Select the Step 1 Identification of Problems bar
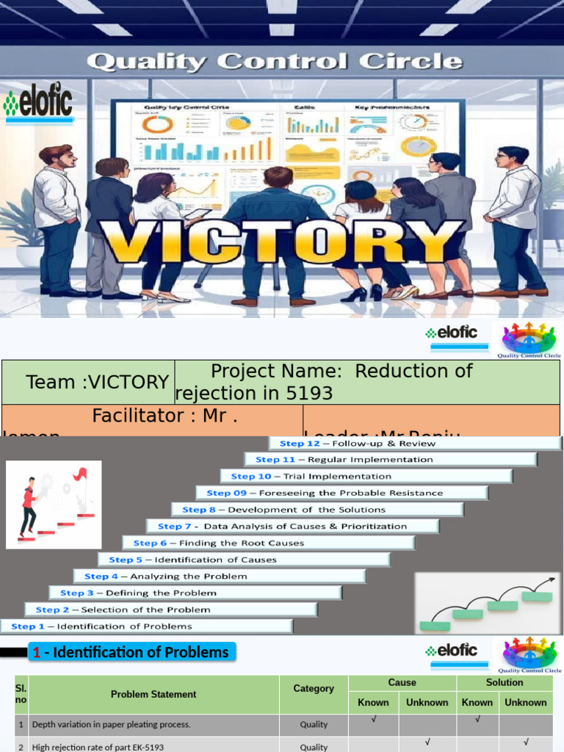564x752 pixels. pyautogui.click(x=146, y=626)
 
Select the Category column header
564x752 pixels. pyautogui.click(x=314, y=689)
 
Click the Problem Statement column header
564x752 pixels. pyautogui.click(x=153, y=694)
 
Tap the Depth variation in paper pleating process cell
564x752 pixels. pyautogui.click(x=153, y=724)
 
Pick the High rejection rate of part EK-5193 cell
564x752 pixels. pyautogui.click(x=153, y=746)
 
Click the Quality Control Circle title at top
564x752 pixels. pyautogui.click(x=275, y=60)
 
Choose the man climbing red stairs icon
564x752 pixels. pyautogui.click(x=54, y=505)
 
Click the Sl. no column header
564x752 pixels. pyautogui.click(x=21, y=694)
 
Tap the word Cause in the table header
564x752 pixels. pyautogui.click(x=402, y=682)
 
